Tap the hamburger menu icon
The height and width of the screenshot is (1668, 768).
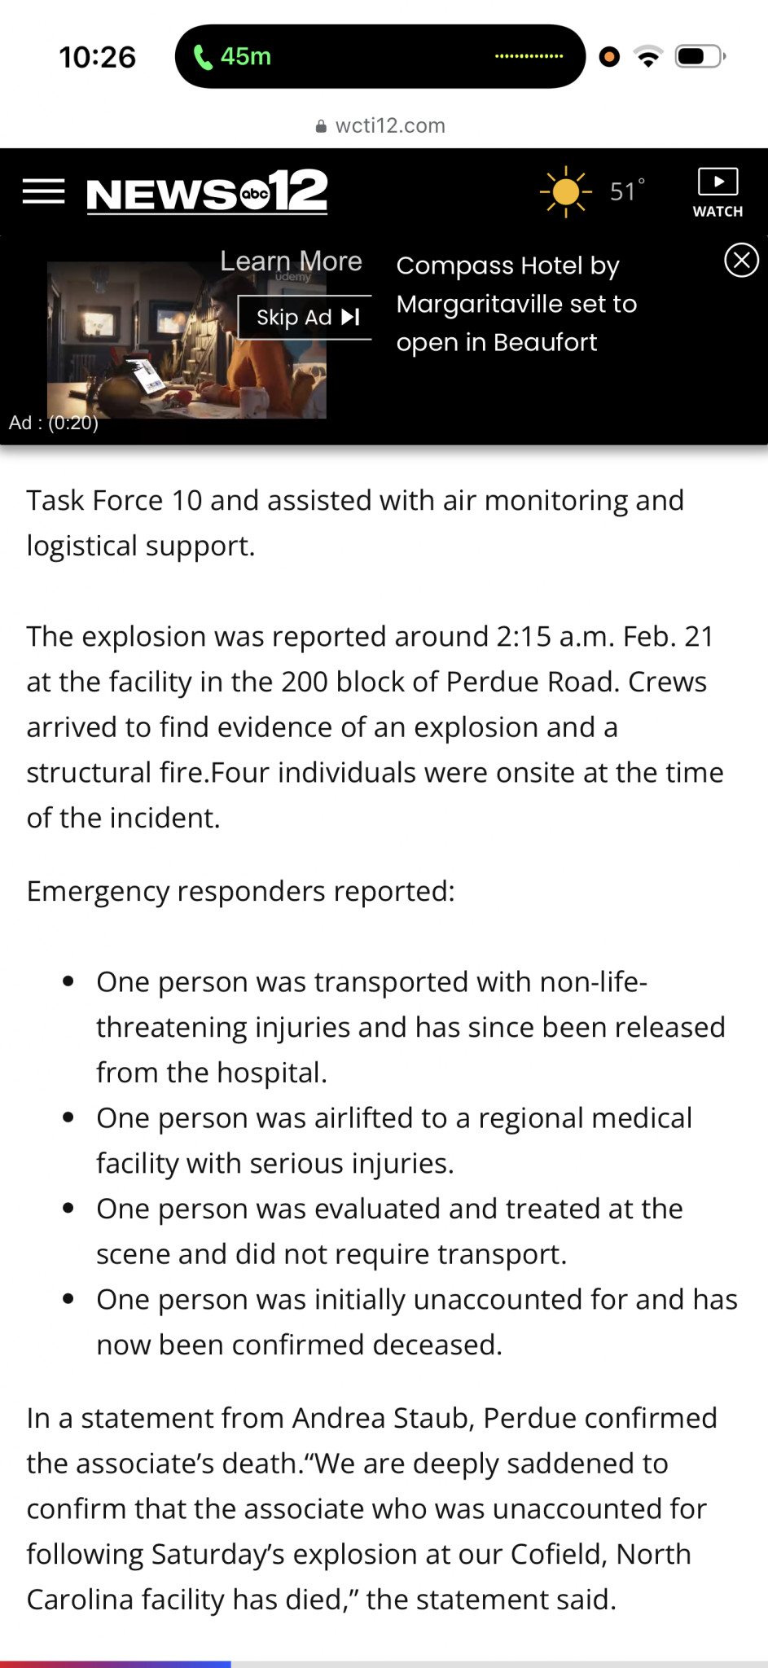[x=44, y=191]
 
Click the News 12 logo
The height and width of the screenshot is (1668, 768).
[x=207, y=192]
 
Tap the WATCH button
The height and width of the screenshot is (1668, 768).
[x=718, y=193]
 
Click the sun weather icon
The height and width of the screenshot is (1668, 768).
[x=565, y=192]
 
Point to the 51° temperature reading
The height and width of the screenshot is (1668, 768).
[x=626, y=191]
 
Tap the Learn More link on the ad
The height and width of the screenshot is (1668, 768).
[x=291, y=261]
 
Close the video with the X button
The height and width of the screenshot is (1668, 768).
[x=741, y=261]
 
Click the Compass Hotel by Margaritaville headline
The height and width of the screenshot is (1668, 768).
[x=516, y=304]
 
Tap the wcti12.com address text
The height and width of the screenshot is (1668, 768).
[x=390, y=125]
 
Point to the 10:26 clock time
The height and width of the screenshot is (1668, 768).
[x=97, y=57]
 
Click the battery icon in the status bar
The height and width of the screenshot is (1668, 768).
[x=700, y=56]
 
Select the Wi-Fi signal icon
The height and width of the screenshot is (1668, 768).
[x=648, y=57]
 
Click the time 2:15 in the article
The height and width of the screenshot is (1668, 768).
[x=524, y=636]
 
